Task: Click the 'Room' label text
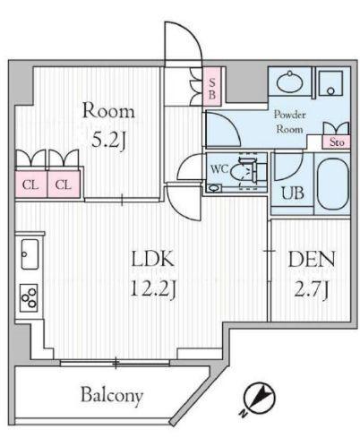(108, 112)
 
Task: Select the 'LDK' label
(152, 261)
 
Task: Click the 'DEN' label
(311, 261)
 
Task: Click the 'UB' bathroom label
(293, 193)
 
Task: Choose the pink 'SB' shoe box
(212, 87)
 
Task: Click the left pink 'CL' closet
(30, 185)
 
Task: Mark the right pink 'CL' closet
(63, 185)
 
